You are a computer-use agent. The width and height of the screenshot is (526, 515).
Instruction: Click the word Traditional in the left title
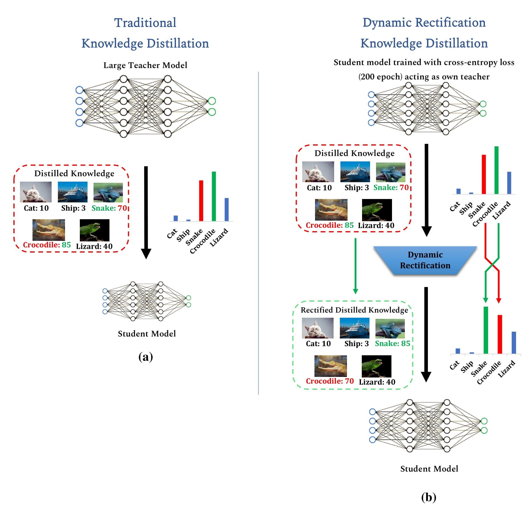point(145,23)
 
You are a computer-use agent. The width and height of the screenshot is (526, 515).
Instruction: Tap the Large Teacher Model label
point(145,65)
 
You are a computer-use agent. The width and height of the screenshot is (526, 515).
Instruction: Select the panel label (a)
point(145,357)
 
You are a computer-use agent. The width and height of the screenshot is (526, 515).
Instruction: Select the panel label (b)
point(428,497)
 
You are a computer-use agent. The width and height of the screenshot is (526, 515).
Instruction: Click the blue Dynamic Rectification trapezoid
point(425,260)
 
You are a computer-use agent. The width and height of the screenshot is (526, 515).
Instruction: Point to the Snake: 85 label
point(392,343)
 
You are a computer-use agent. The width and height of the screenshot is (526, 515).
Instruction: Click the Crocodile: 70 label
point(330,381)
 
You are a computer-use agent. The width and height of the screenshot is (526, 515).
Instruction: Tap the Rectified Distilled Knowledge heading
point(354,310)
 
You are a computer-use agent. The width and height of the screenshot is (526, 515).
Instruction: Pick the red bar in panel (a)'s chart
point(201,200)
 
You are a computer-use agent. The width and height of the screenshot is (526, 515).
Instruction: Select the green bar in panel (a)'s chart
point(214,196)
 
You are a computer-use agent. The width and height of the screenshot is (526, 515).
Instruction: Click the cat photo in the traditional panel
point(36,192)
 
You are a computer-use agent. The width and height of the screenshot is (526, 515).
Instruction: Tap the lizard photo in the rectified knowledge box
point(376,366)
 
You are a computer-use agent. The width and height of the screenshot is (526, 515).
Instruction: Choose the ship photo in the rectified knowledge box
point(354,328)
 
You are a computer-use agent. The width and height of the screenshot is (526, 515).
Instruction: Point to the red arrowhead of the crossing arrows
point(499,300)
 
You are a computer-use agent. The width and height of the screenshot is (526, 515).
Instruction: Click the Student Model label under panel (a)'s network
point(147,334)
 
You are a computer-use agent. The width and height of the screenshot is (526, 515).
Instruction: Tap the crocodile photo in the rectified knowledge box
point(330,366)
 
